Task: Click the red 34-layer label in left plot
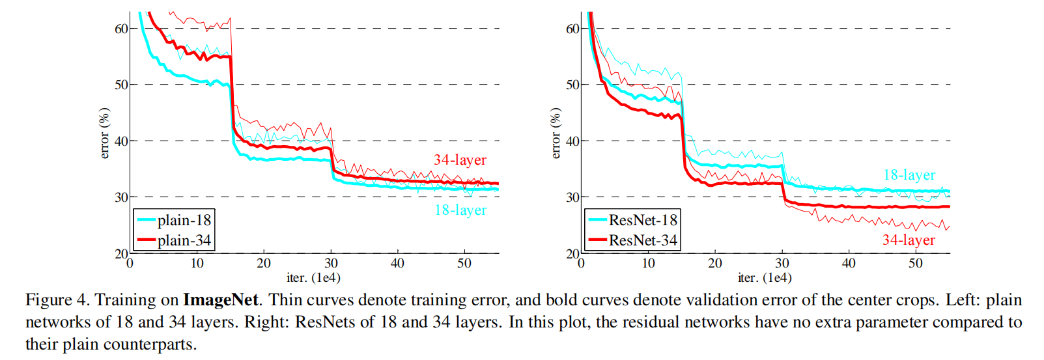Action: tap(460, 160)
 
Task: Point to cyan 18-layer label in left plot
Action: tap(460, 210)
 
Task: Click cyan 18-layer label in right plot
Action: tap(909, 174)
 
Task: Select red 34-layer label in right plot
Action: tap(909, 240)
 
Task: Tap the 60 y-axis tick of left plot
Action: tap(122, 29)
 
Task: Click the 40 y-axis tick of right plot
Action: tap(572, 141)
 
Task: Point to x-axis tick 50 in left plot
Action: tap(464, 263)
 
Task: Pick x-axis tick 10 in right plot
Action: tap(648, 263)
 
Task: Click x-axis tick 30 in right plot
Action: tap(782, 263)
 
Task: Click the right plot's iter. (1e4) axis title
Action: tap(765, 278)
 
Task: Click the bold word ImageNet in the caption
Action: tap(221, 300)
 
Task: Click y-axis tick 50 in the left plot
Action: tap(122, 85)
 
